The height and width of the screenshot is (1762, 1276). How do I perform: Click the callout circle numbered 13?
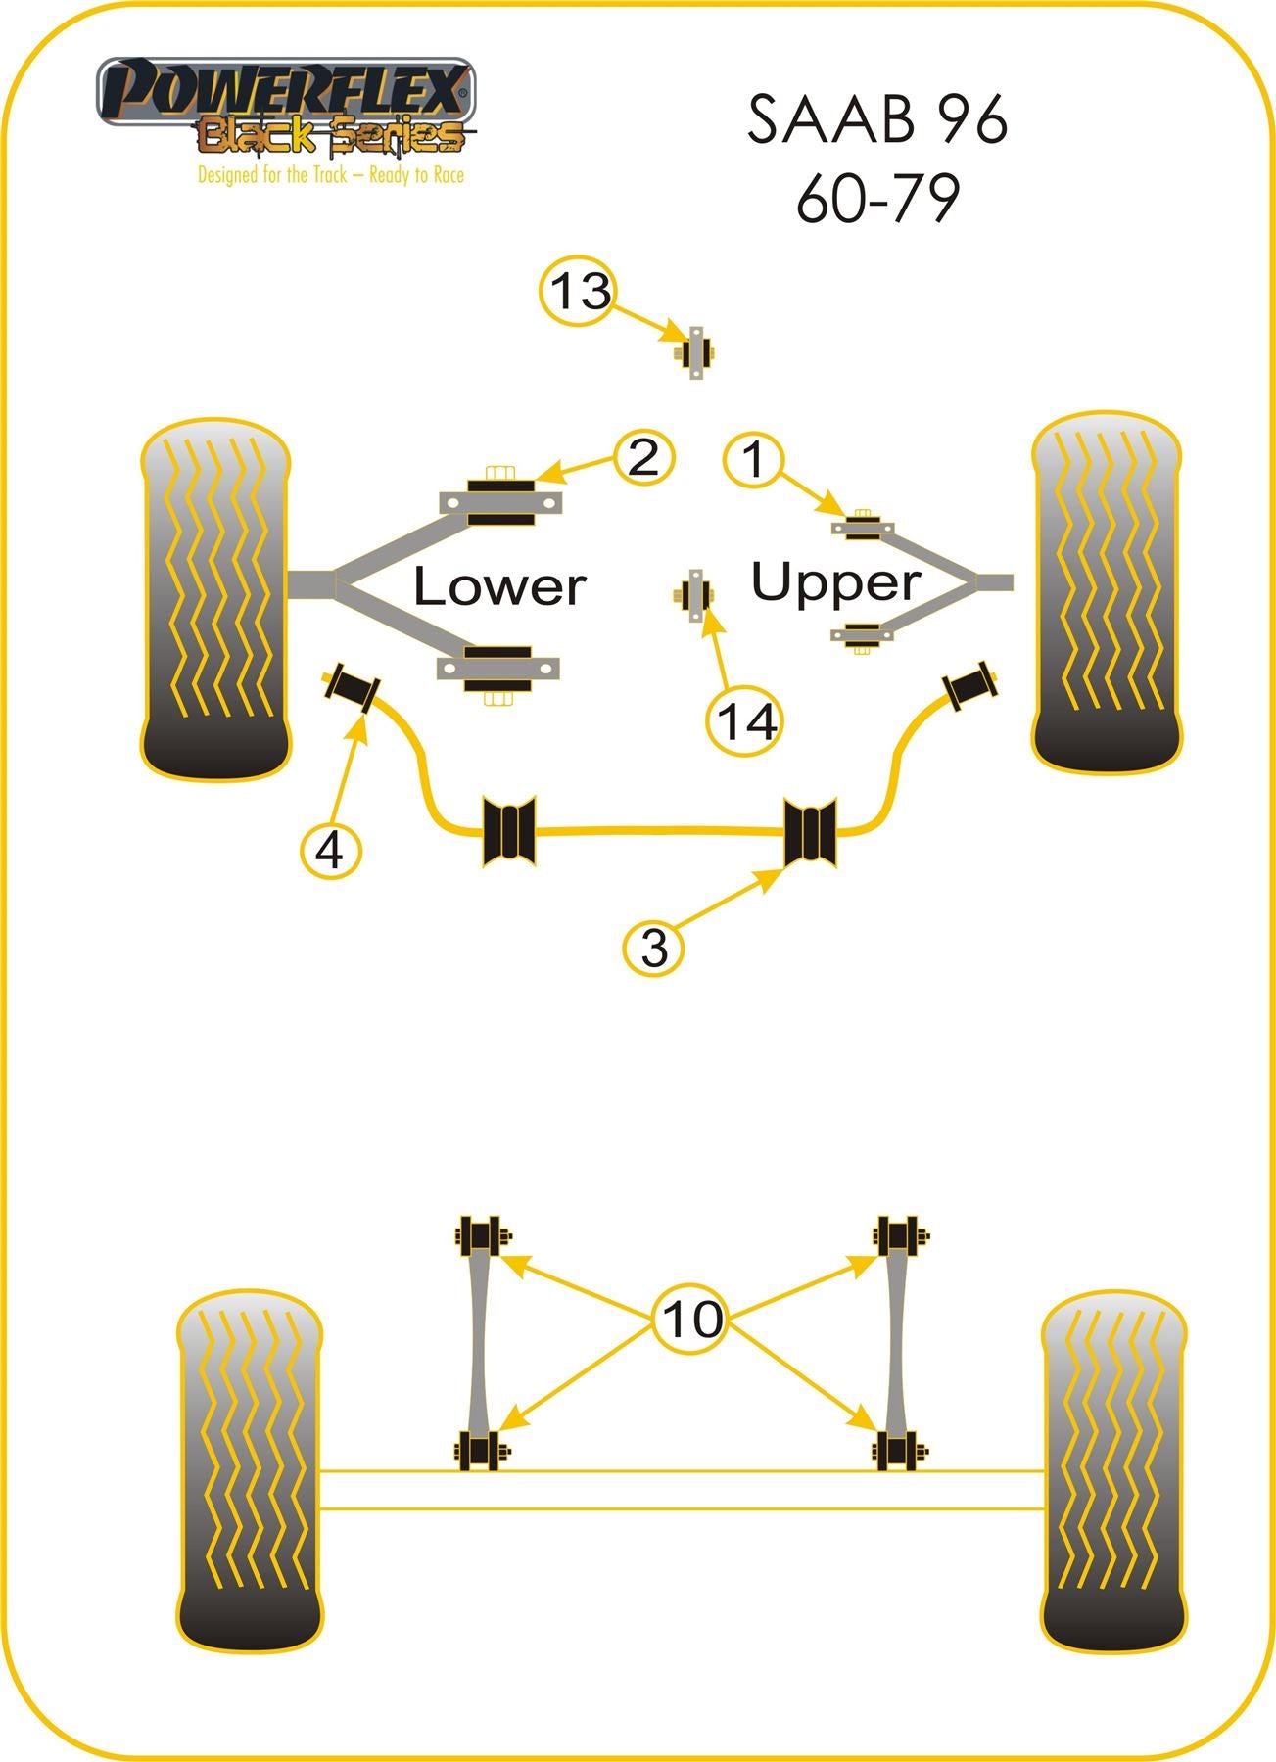580,292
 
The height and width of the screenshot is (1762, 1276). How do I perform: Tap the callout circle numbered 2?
643,457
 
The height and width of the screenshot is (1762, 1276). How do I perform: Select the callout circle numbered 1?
753,460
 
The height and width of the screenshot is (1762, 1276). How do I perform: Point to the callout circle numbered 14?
746,722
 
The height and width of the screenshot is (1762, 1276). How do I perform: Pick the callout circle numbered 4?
331,849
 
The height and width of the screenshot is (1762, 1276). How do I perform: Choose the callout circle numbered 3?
654,947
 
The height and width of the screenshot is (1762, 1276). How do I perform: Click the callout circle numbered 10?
691,1319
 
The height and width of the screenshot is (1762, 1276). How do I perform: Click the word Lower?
498,586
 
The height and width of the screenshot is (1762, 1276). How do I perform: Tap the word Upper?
835,582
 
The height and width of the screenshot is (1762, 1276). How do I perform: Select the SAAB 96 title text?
876,120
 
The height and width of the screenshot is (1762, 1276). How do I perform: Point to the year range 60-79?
876,199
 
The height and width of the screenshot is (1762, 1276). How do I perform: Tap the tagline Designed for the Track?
330,176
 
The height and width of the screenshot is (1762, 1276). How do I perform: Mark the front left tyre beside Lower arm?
215,599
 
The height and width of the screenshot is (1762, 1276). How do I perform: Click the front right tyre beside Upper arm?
1106,592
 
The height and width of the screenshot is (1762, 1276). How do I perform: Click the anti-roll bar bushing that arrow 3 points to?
811,832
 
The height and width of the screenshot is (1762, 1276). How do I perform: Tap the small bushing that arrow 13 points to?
696,352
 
